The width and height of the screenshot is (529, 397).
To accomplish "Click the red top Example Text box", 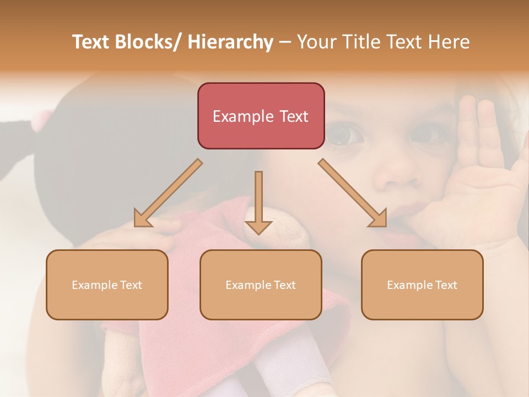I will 261,116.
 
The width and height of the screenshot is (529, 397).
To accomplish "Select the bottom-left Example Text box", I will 107,285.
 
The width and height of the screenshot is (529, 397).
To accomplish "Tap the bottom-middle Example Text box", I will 261,285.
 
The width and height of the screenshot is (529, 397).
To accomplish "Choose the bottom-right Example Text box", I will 422,285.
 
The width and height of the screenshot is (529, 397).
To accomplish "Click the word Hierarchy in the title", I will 230,42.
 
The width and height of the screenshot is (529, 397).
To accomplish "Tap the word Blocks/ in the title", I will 148,42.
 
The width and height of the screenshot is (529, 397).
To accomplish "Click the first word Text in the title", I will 91,42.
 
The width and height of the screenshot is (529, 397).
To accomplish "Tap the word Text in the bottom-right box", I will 446,285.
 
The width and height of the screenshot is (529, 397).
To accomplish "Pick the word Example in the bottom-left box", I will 95,285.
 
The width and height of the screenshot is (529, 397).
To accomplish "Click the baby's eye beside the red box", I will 343,134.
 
